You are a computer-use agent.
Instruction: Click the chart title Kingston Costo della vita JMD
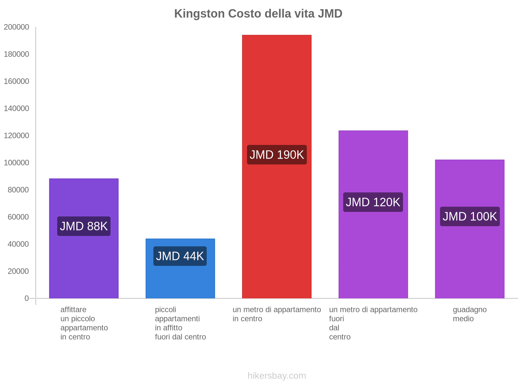[258, 14]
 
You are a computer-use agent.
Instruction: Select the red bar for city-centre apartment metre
[277, 97]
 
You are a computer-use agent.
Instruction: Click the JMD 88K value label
[84, 226]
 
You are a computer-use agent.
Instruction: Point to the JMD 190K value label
[277, 155]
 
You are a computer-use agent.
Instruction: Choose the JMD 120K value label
[373, 202]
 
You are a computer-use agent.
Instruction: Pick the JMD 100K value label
[470, 216]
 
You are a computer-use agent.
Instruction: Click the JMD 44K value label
[180, 256]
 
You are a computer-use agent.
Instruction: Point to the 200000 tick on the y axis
[17, 27]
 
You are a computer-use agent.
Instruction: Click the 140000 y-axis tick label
[17, 109]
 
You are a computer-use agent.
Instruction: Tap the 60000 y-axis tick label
[18, 217]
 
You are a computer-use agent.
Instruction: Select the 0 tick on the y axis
[27, 298]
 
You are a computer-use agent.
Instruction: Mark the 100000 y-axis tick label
[17, 163]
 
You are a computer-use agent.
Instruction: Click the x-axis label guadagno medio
[470, 314]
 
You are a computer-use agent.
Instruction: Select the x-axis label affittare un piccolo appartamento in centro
[84, 323]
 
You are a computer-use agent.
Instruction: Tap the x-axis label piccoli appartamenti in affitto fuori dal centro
[180, 323]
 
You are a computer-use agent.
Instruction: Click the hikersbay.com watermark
[277, 376]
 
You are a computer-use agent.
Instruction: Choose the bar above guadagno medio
[470, 260]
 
